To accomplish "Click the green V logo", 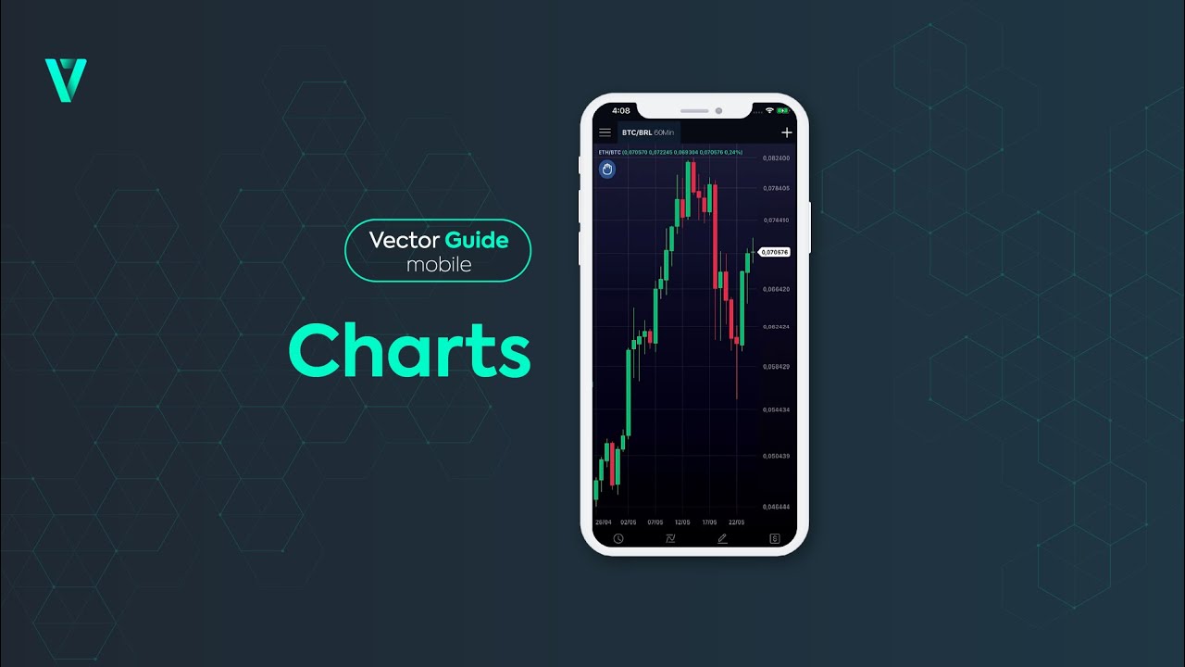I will click(66, 80).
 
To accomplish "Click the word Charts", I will click(409, 350).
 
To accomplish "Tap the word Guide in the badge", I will click(477, 240).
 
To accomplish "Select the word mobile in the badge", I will click(439, 265).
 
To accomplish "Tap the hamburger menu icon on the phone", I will click(605, 132).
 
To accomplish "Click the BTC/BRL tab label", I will click(637, 132).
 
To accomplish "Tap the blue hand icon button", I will click(607, 169).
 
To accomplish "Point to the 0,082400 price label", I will click(776, 158).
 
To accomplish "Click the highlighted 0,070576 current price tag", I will click(775, 252).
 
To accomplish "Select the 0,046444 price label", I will click(776, 507).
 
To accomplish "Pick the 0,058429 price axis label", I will click(776, 367).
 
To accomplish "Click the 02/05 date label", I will click(629, 522).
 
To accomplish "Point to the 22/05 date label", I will click(737, 522).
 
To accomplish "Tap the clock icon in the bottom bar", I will click(618, 538).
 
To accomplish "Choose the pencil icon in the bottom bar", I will click(722, 538).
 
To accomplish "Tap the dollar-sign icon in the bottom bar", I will click(775, 538).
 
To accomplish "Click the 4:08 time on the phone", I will click(621, 111).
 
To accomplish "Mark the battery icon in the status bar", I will click(786, 110).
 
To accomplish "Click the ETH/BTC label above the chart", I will click(609, 152).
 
